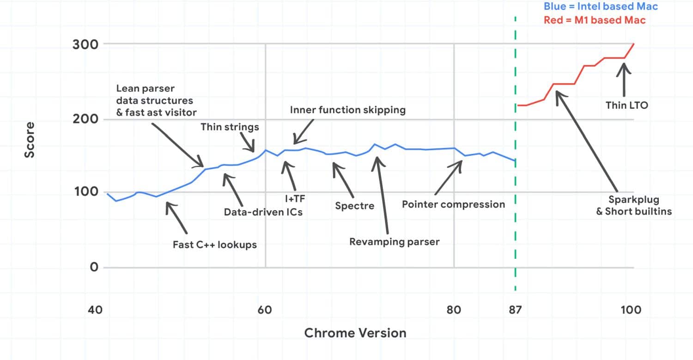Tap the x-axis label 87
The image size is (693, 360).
515,310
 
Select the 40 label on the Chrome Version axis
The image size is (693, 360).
95,310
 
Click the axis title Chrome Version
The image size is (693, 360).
355,333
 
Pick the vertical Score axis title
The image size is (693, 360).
30,140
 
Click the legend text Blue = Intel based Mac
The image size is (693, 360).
601,6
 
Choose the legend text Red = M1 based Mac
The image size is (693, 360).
595,20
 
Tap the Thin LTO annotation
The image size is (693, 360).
627,105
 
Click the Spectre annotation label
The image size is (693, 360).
355,206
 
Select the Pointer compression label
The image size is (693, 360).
453,204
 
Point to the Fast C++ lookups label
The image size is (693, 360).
214,244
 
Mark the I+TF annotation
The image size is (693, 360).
295,199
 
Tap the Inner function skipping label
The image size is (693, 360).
348,110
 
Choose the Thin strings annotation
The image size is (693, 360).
229,127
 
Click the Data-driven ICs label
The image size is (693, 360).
263,213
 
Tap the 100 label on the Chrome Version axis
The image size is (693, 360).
631,310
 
